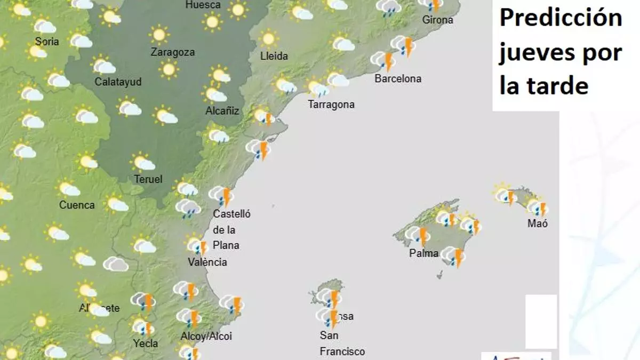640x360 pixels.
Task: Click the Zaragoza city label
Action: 172,52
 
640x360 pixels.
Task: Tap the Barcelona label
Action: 398,78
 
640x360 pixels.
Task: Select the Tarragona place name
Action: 331,104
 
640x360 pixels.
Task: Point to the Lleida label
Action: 274,56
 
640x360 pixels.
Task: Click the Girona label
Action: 437,20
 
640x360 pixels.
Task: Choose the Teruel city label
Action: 148,179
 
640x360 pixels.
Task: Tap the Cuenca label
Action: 77,205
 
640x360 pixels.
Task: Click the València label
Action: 207,262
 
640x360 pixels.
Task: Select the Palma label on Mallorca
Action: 424,253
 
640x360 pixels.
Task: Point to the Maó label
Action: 537,223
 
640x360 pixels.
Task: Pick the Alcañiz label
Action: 222,111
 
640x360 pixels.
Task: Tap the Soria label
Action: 47,41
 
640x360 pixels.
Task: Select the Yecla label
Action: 145,344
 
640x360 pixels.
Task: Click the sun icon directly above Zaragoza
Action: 158,35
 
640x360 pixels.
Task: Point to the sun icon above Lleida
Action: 268,38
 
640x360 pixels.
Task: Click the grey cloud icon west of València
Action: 116,264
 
